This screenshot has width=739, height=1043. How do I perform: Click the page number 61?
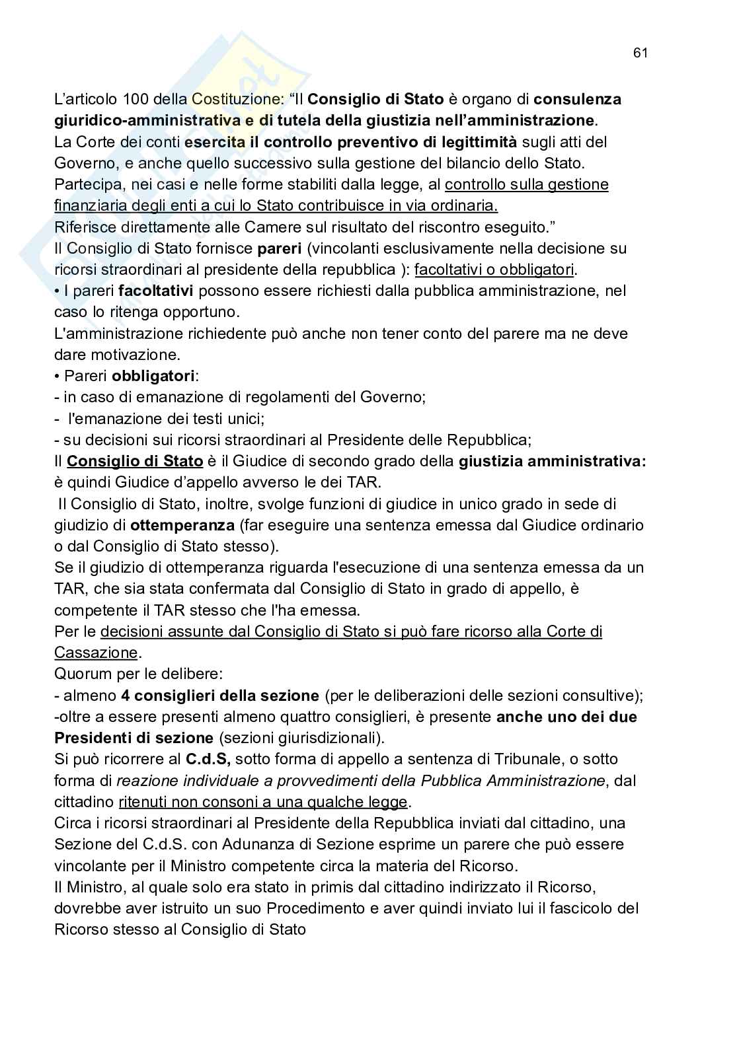(x=640, y=54)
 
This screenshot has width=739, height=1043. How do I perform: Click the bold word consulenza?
(x=577, y=100)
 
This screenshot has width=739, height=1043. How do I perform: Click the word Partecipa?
(x=85, y=184)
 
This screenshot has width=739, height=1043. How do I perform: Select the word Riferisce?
(x=82, y=227)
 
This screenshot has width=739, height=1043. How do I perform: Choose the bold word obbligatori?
(x=153, y=376)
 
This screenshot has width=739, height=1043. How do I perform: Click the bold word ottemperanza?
(x=182, y=525)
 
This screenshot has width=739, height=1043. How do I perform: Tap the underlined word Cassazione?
(x=96, y=653)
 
